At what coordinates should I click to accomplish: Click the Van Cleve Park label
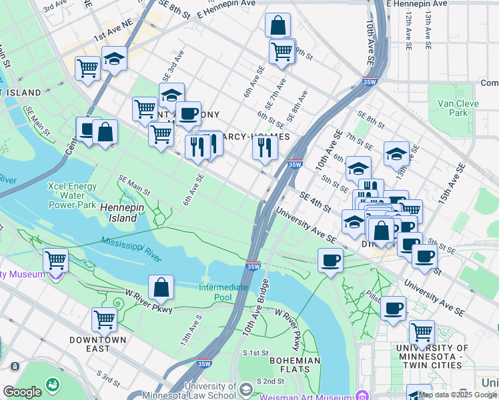453,108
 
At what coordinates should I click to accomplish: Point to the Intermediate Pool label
223,292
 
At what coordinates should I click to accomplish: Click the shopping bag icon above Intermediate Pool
161,287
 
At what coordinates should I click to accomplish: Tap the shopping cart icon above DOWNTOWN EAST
104,319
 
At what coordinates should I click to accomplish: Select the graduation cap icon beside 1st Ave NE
114,59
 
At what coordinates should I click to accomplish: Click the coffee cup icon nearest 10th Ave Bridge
330,260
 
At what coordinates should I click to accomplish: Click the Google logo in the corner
22,392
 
